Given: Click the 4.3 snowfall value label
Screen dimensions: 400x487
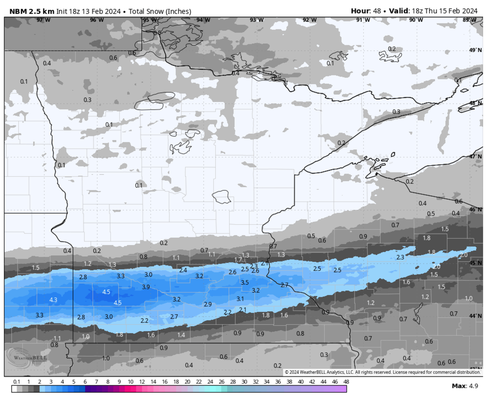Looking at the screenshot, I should point(53,300).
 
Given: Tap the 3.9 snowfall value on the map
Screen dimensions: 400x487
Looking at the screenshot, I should point(146,287).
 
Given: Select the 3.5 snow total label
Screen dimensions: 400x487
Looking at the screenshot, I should point(245,282).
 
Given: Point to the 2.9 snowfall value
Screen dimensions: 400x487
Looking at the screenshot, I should point(207,304).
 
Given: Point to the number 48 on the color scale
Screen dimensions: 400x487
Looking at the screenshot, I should point(346,382).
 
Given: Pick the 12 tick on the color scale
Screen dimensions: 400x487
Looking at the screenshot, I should point(142,382).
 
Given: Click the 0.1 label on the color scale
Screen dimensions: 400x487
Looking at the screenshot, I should point(17,382).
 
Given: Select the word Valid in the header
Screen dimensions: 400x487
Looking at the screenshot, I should point(399,11).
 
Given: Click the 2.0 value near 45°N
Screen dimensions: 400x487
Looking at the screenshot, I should point(437,267).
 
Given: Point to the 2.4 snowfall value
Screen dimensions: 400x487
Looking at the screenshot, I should point(183,270).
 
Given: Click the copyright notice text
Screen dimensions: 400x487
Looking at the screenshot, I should point(382,372).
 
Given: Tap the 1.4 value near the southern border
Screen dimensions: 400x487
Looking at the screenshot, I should point(181,335).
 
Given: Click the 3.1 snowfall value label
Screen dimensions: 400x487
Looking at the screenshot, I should point(240,298).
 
